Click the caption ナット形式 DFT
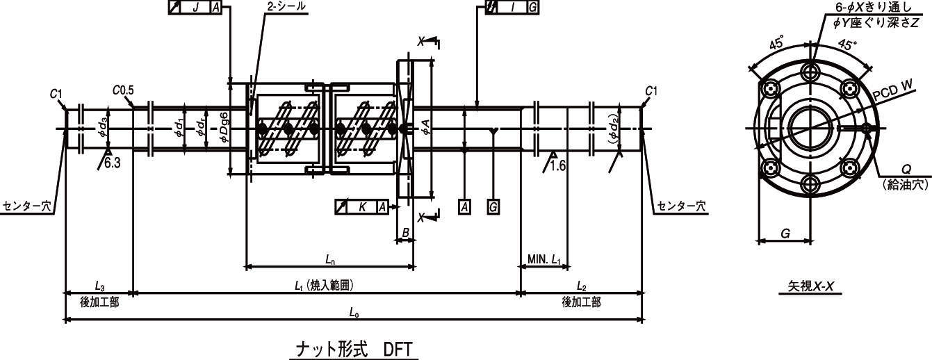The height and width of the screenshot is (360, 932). pyautogui.click(x=354, y=349)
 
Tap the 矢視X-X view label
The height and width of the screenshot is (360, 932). pyautogui.click(x=810, y=286)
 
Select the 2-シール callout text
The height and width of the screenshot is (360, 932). pyautogui.click(x=286, y=7)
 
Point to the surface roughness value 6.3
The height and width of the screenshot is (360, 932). pyautogui.click(x=113, y=163)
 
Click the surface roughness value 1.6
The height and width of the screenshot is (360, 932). pyautogui.click(x=558, y=166)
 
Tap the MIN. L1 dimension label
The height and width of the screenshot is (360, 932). pyautogui.click(x=544, y=260)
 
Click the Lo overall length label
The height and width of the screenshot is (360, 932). pyautogui.click(x=354, y=312)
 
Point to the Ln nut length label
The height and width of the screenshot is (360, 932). pyautogui.click(x=330, y=260)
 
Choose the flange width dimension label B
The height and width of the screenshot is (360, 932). pyautogui.click(x=406, y=233)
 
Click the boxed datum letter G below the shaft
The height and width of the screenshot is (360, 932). pyautogui.click(x=493, y=207)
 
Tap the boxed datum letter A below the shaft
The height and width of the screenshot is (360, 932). pyautogui.click(x=465, y=207)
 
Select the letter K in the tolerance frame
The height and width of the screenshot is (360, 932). pyautogui.click(x=362, y=207)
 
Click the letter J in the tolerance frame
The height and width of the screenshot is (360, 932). pyautogui.click(x=195, y=7)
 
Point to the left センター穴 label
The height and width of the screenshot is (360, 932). pyautogui.click(x=28, y=206)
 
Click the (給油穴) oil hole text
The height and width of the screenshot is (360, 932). pyautogui.click(x=906, y=185)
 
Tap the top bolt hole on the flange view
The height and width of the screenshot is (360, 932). pyautogui.click(x=811, y=82)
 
